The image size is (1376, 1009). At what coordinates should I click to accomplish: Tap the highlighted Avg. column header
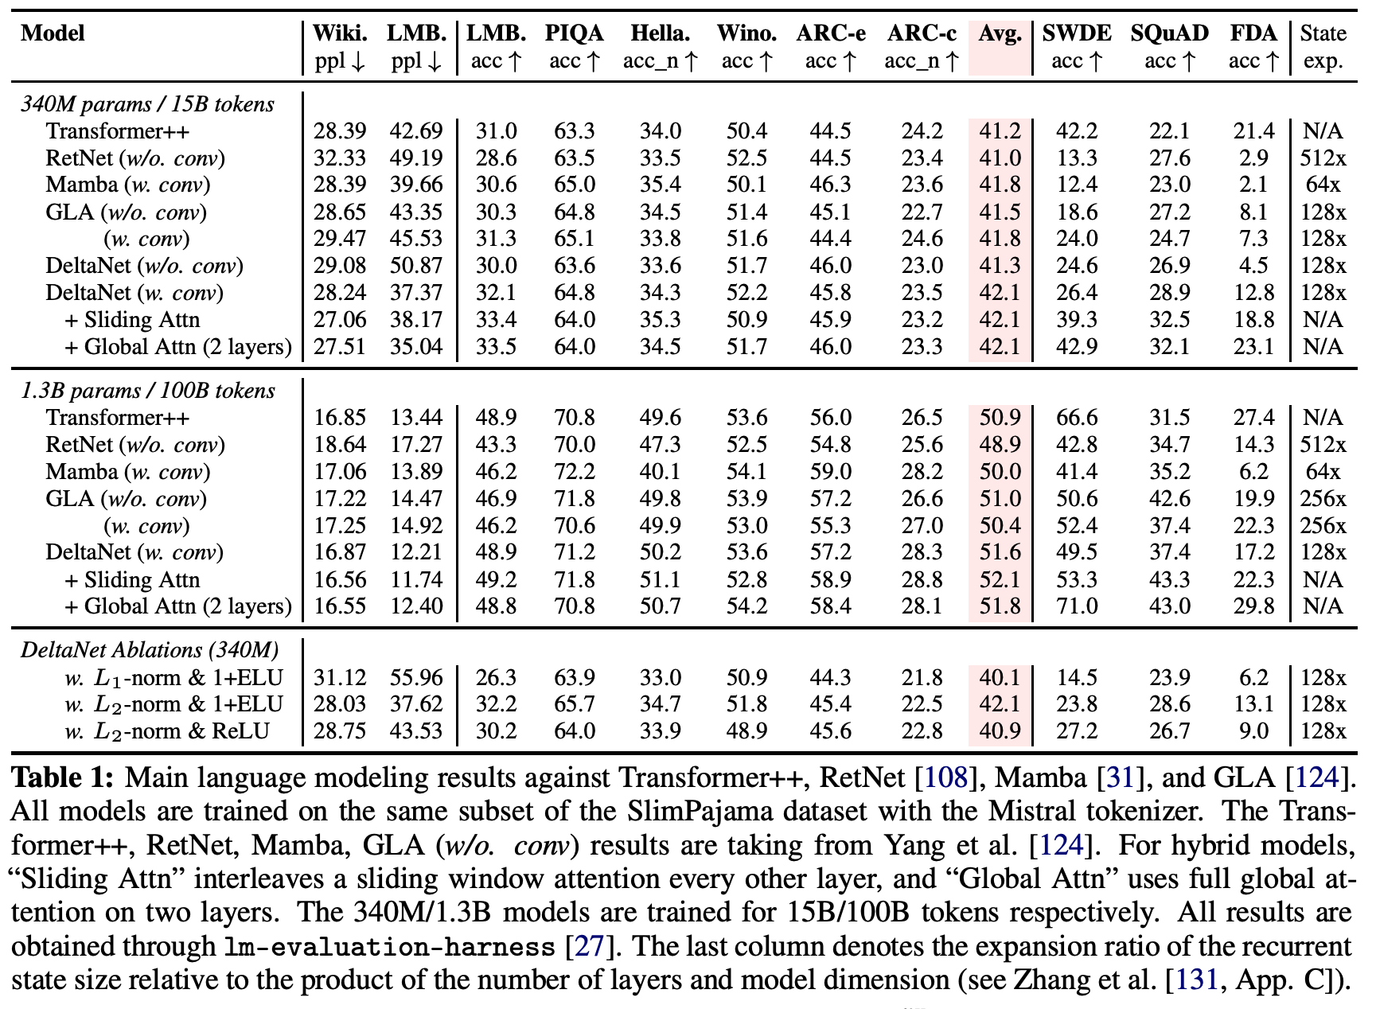click(1000, 34)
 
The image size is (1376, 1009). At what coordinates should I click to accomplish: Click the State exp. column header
click(1323, 46)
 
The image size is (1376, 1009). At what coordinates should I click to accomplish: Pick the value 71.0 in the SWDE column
click(1077, 606)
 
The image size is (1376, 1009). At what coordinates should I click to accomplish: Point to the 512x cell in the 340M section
click(1323, 158)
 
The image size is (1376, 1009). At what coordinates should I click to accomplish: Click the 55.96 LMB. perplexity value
click(416, 677)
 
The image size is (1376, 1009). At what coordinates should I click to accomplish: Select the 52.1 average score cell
click(1000, 579)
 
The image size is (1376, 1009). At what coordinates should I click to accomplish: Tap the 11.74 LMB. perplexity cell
click(416, 579)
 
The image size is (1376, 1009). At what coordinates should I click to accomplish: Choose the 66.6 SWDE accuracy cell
click(1077, 418)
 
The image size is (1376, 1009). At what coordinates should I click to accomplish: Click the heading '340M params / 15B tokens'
click(147, 104)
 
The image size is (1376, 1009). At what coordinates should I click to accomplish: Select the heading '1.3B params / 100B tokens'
click(147, 391)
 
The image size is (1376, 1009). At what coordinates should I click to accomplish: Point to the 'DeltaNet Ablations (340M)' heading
click(150, 650)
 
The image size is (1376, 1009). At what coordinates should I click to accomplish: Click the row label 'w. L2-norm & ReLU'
click(167, 731)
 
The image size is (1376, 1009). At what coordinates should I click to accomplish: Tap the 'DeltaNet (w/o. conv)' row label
click(144, 266)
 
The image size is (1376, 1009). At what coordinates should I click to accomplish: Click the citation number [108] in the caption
click(945, 777)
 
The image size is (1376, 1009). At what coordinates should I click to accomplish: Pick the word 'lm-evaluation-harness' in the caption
click(389, 947)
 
